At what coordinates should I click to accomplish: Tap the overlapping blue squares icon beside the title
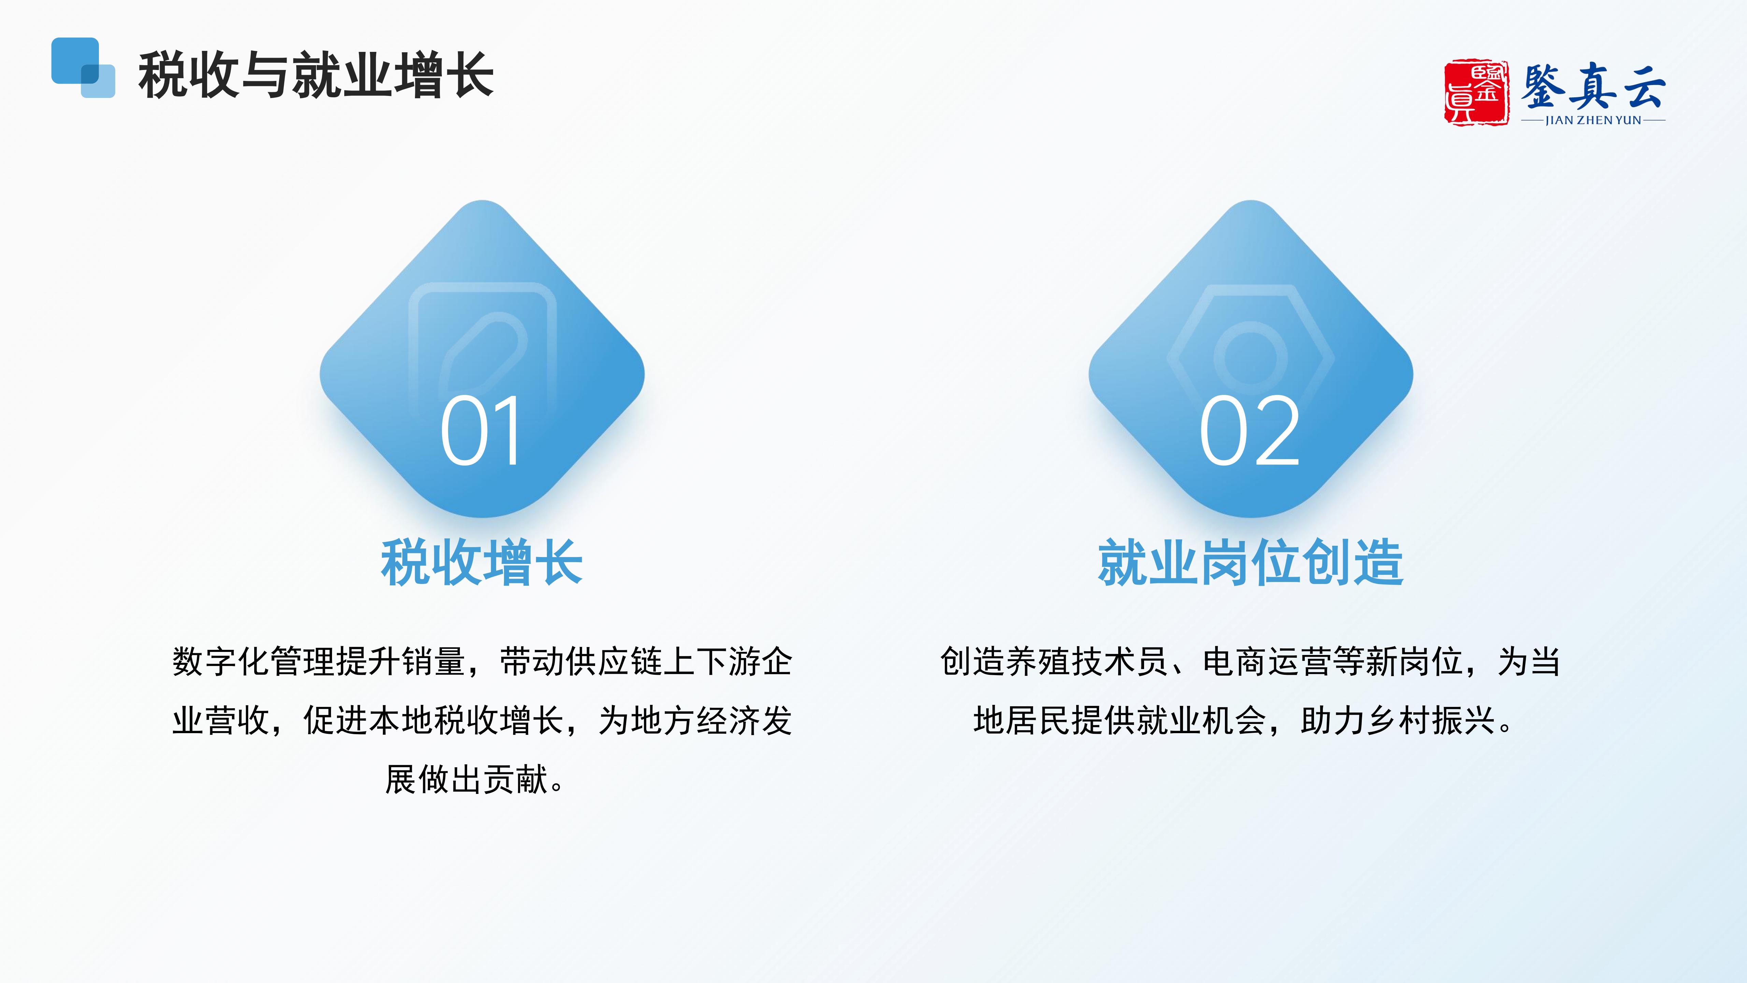83,67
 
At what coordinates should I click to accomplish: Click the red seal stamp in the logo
1476,92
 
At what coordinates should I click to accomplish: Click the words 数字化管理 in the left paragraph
254,661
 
